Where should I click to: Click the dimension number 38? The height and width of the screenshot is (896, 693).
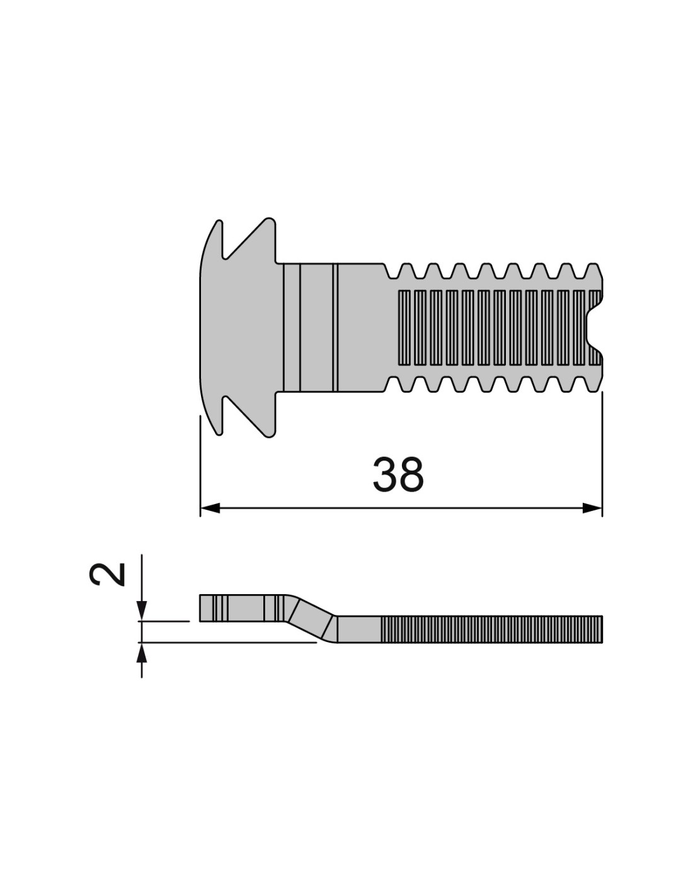coord(398,474)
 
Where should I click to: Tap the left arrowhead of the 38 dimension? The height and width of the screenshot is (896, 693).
coord(209,508)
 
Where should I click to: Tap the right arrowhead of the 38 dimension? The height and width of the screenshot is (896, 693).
coord(592,508)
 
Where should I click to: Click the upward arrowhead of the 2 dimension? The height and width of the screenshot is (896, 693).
coord(141,652)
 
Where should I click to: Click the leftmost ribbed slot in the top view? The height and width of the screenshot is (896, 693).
coord(404,328)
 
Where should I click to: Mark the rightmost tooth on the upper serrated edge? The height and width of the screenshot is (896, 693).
coord(593,270)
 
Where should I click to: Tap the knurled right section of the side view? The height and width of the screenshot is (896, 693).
coord(491,629)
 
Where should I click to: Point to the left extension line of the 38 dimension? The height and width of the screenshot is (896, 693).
coord(200,466)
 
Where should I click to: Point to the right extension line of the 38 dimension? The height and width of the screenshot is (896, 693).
coord(602,454)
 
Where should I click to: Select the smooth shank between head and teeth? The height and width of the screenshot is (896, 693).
coord(334,328)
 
